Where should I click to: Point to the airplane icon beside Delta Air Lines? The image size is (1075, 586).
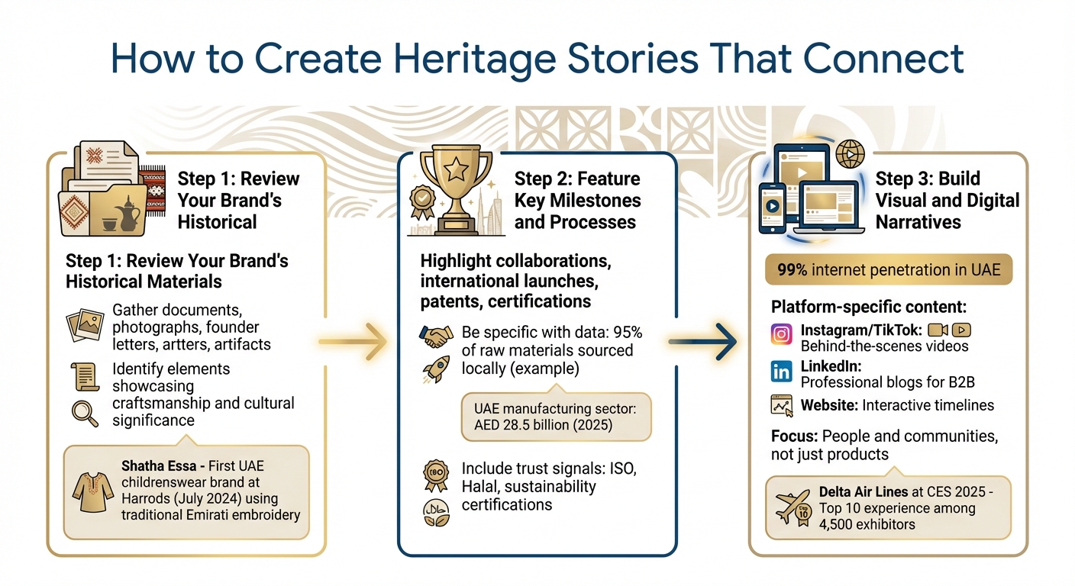(793, 507)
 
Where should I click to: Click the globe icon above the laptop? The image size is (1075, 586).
(849, 153)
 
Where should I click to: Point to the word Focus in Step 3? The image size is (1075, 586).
(793, 436)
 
